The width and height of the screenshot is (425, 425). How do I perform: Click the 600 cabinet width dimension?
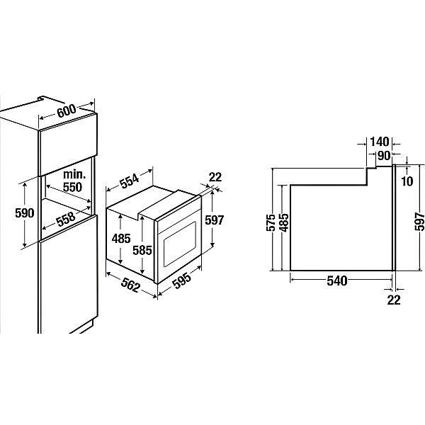67,110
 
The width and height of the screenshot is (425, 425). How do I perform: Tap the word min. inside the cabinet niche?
74,174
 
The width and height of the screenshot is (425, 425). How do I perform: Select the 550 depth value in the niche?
72,187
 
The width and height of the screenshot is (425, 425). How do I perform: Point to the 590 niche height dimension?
25,213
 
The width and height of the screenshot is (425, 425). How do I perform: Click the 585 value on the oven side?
142,250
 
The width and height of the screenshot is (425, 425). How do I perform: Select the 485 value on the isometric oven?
121,239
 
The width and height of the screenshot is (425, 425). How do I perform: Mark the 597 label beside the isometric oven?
215,220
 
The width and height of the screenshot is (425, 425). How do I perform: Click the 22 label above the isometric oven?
215,177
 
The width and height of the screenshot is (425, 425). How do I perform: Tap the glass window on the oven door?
180,244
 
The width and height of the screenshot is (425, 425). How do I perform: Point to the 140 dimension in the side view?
380,142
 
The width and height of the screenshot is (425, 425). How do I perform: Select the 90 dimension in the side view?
384,156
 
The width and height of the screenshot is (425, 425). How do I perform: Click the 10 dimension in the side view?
407,181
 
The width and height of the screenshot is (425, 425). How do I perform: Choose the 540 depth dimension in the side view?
337,280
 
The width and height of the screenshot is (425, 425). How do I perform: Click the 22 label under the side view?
394,300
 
